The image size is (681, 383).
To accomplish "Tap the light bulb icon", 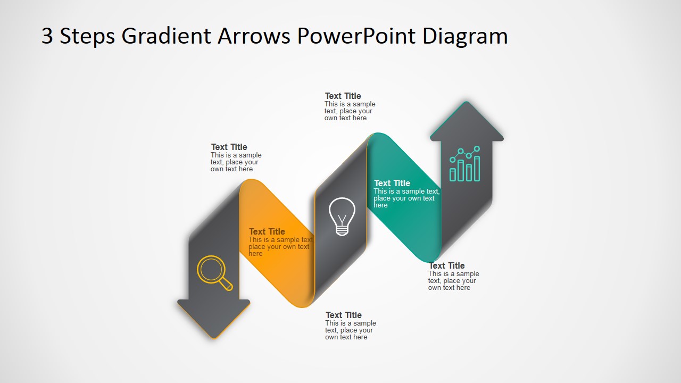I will (342, 216).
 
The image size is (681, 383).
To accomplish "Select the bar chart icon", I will (465, 164).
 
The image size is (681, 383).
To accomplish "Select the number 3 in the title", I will (47, 36).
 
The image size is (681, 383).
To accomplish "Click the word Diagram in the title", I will (465, 36).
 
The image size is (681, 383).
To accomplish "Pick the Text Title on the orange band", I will (267, 231).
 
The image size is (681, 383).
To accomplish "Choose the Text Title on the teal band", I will (392, 183).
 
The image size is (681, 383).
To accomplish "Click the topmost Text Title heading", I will (343, 96).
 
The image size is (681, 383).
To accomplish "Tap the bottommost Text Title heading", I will (344, 315).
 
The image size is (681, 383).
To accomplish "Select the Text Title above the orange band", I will (229, 147).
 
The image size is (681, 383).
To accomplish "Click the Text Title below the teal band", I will (447, 266).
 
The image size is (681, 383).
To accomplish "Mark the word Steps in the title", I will (87, 36).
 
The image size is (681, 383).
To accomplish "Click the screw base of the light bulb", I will (342, 230).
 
